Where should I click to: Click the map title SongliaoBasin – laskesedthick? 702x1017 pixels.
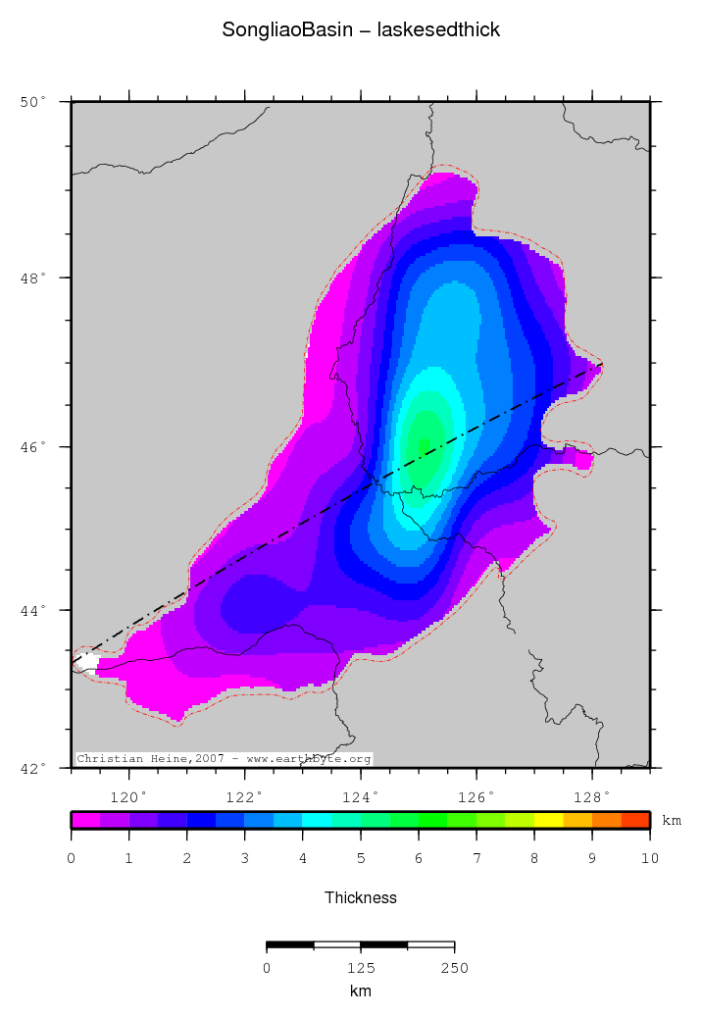361,30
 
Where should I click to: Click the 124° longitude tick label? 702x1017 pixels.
361,795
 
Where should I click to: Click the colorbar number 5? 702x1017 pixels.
361,859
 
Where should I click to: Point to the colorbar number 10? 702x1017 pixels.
649,859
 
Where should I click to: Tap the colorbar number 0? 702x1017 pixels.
72,859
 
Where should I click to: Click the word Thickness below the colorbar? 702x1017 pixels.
361,897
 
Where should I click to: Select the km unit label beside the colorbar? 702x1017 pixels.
672,820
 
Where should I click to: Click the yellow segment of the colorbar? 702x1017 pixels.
548,820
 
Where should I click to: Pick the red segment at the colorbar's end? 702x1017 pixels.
635,820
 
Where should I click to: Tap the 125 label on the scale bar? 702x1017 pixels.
361,968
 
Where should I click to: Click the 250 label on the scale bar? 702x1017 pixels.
454,968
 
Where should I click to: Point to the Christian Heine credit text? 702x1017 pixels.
224,759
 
